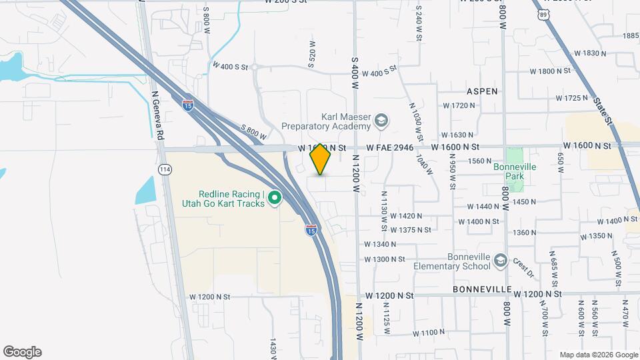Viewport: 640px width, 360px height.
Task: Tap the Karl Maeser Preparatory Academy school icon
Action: (x=381, y=121)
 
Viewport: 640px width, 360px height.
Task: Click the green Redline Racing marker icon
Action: (x=275, y=199)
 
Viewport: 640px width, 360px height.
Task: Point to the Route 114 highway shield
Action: (x=165, y=169)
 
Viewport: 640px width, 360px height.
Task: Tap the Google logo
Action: (x=22, y=352)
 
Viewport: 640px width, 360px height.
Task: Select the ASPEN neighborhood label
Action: (x=482, y=91)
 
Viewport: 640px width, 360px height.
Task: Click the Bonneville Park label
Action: (x=510, y=171)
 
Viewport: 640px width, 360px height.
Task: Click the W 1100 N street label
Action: (x=428, y=333)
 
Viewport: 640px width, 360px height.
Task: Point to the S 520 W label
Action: (x=312, y=53)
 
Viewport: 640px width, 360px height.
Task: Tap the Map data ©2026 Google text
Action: (x=599, y=355)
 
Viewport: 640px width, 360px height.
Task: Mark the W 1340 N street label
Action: (x=380, y=244)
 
